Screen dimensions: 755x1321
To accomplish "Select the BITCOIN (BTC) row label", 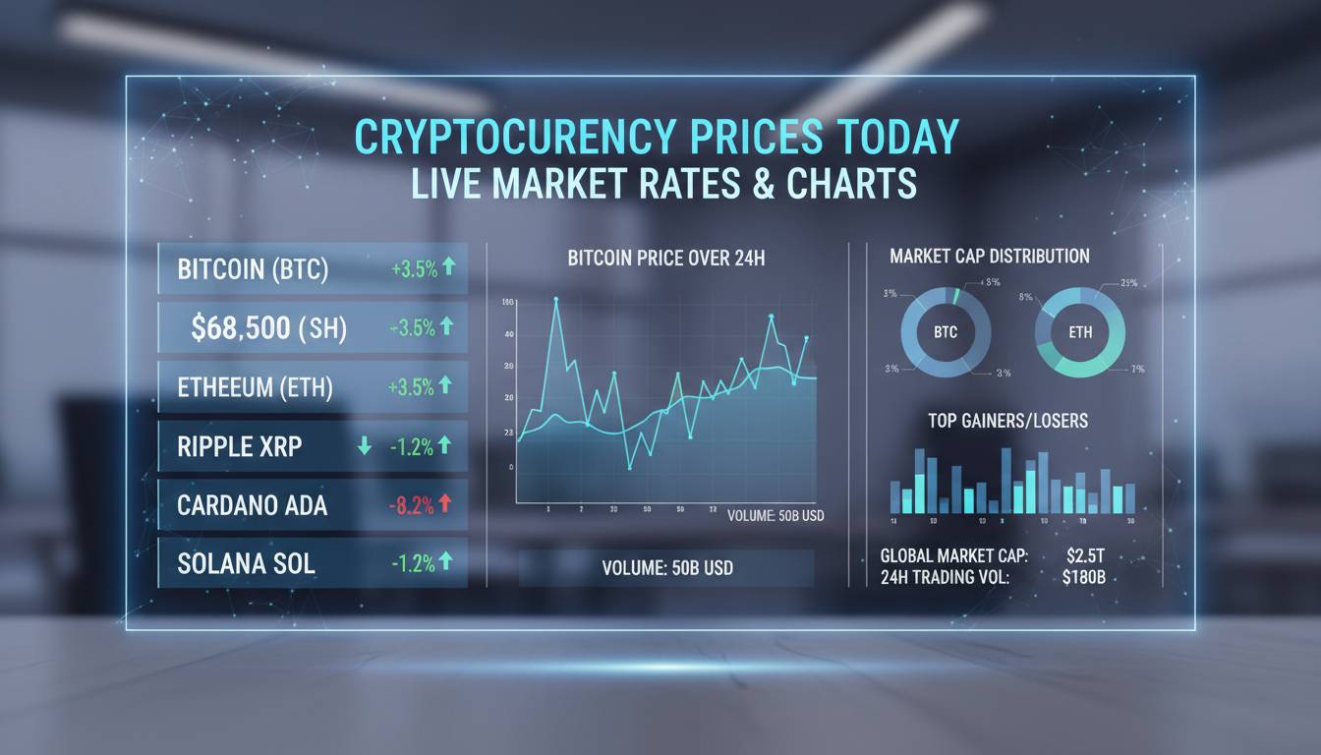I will [x=253, y=269].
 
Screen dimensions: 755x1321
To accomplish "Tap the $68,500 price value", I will [x=241, y=328].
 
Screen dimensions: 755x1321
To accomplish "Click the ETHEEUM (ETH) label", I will [x=255, y=387].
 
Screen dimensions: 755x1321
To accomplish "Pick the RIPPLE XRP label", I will [x=240, y=446].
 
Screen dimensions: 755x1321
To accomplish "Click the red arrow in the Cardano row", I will [x=444, y=504].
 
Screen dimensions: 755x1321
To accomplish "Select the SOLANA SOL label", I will [x=246, y=564].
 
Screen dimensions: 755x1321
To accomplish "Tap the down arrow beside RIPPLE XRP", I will [x=365, y=446].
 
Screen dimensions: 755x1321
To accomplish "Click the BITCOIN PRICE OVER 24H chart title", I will [x=666, y=260].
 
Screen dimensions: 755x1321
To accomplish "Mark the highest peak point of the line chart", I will [x=555, y=299].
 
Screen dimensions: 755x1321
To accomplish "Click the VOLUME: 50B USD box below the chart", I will [x=666, y=568].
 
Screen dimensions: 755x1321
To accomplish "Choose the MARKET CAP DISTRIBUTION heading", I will [x=990, y=257].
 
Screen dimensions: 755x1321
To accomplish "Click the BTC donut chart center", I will [x=944, y=332].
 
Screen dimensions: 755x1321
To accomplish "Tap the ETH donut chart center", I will [x=1079, y=332].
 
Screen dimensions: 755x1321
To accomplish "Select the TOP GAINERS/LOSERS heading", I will [x=1007, y=421].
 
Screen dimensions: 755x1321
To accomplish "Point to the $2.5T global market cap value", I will [x=1085, y=557].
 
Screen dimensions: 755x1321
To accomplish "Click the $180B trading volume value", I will [x=1083, y=578].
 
